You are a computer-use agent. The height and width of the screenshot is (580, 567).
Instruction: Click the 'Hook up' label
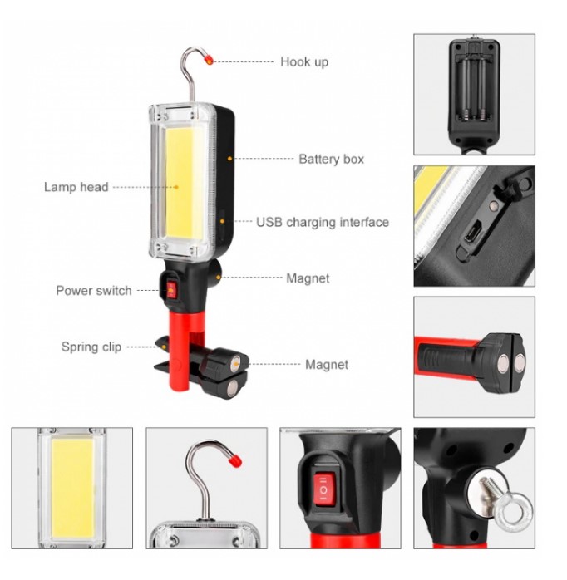(x=304, y=61)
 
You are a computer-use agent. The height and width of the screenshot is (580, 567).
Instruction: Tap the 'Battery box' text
(x=331, y=159)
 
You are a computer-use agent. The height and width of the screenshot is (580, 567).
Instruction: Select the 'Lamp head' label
(x=76, y=187)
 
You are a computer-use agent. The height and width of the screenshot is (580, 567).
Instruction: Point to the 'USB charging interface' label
(x=323, y=222)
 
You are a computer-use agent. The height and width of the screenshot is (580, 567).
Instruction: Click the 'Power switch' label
(x=94, y=290)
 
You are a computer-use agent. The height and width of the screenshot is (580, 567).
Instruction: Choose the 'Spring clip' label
(x=91, y=347)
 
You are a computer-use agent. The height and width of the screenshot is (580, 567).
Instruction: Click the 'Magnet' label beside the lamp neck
(x=308, y=278)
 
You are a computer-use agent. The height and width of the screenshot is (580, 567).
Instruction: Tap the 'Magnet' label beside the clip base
(x=327, y=365)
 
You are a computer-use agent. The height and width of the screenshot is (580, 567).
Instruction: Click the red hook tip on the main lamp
(x=210, y=59)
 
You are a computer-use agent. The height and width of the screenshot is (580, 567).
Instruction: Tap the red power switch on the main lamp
(x=171, y=289)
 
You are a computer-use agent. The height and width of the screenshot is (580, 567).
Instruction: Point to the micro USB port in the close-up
(x=473, y=232)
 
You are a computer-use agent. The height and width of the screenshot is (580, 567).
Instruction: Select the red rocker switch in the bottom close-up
(x=324, y=489)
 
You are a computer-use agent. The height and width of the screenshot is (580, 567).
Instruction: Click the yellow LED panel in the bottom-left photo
(x=73, y=489)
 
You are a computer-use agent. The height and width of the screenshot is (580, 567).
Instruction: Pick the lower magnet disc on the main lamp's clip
(x=232, y=388)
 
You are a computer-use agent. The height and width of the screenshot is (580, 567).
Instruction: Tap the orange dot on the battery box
(x=229, y=159)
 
